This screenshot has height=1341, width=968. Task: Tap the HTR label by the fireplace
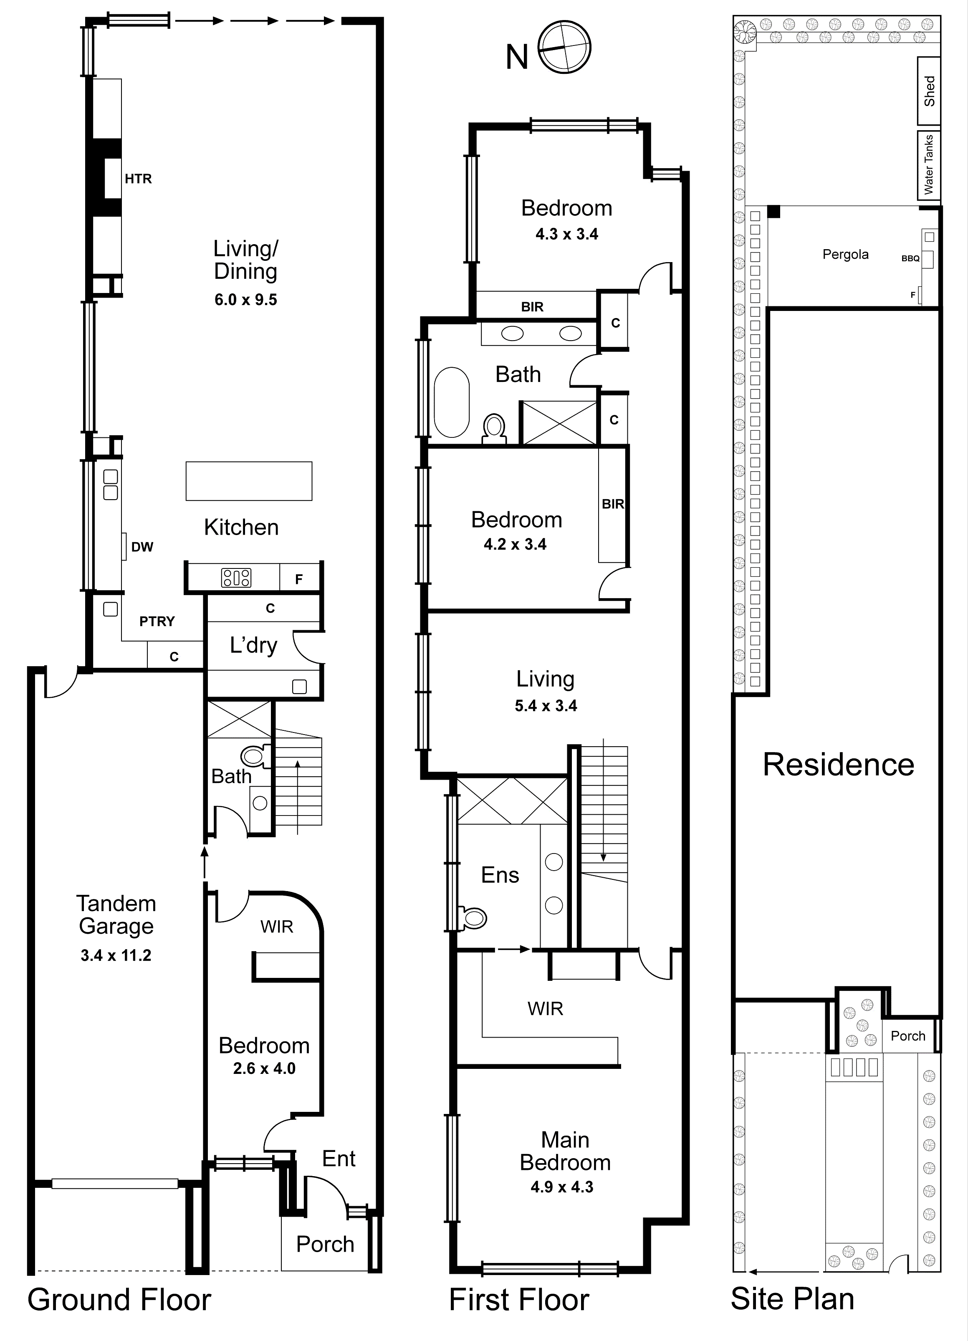pos(138,179)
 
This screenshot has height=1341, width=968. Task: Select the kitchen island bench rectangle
pos(248,481)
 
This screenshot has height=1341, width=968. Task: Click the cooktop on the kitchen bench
pos(236,577)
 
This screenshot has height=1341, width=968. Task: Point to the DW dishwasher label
pos(142,547)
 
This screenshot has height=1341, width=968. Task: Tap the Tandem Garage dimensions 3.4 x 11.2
pos(116,955)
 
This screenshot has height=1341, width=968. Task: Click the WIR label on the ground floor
pos(277,927)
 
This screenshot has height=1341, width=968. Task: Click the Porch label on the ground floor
pos(325,1244)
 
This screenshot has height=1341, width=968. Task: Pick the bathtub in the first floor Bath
pos(451,402)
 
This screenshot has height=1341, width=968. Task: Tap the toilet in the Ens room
pos(474,918)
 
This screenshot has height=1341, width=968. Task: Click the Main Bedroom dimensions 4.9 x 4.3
pos(562,1187)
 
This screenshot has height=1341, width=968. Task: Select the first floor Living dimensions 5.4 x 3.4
pos(546,705)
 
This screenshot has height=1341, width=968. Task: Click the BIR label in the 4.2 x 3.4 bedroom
pos(613,504)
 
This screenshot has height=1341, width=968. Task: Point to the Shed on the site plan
pos(929,91)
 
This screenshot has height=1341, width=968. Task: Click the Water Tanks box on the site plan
pos(928,164)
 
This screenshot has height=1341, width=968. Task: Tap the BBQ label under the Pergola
pos(910,258)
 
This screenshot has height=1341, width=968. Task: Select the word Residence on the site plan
pos(838,765)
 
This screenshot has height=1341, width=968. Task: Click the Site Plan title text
pos(792,1299)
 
